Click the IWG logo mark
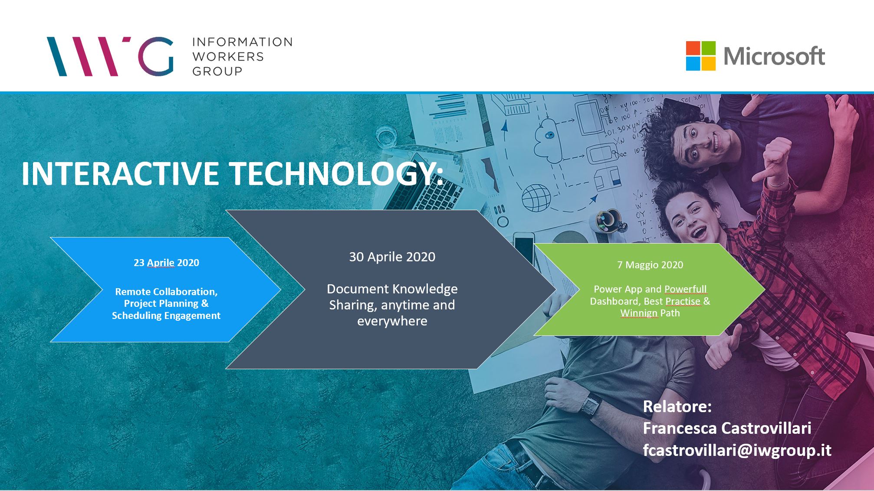pos(110,56)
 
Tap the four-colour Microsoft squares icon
pos(700,56)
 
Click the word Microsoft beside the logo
pos(774,56)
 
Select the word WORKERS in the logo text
pos(228,56)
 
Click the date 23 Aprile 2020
pos(166,263)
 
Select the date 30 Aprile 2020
pos(392,257)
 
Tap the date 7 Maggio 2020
pos(650,265)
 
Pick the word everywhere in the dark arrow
pos(392,321)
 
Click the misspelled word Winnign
pos(639,313)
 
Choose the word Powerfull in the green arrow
pos(685,289)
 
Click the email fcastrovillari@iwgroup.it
pos(737,450)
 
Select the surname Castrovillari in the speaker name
pos(766,428)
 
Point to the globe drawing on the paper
pos(536,198)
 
